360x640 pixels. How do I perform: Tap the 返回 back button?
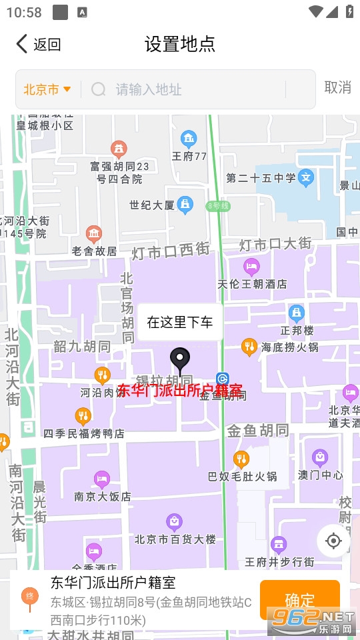(39, 45)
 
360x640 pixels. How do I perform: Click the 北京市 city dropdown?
(47, 89)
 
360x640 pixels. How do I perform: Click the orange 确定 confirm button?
(299, 599)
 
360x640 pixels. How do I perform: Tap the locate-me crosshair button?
(333, 541)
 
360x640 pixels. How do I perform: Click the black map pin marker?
(179, 361)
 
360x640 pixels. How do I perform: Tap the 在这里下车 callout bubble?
(180, 323)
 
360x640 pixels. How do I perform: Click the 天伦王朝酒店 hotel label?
(253, 284)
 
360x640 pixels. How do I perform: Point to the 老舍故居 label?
(95, 251)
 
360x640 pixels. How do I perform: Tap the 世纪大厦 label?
(152, 205)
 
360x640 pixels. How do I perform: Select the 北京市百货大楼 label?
(175, 539)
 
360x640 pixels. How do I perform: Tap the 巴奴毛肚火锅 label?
(243, 477)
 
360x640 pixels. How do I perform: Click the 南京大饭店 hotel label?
(103, 496)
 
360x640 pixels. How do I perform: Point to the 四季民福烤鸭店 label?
(84, 433)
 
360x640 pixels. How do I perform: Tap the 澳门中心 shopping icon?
(321, 458)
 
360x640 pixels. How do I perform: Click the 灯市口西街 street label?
(170, 251)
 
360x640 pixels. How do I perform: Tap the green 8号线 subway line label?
(218, 206)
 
